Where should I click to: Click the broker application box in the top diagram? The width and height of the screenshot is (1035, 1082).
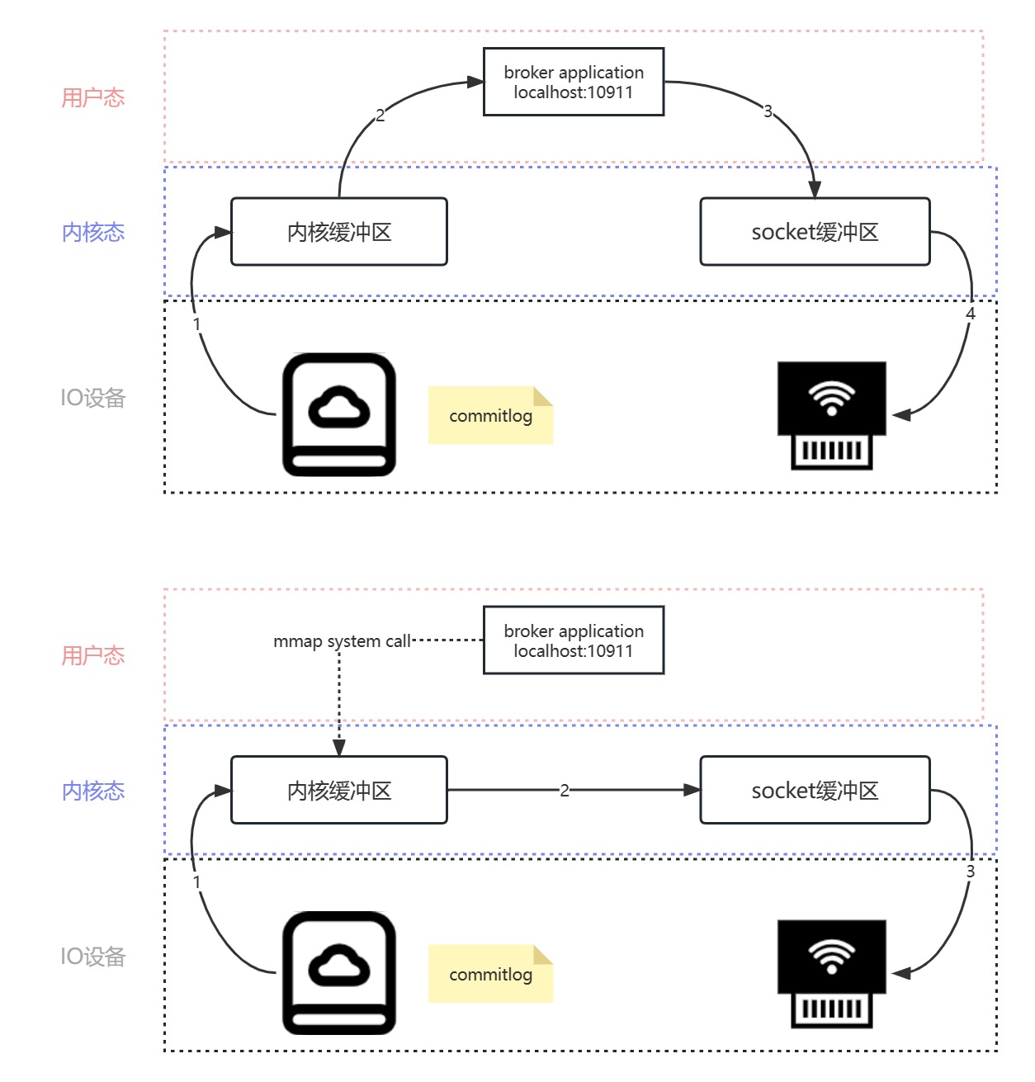pos(574,82)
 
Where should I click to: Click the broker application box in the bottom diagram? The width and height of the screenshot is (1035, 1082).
pos(574,640)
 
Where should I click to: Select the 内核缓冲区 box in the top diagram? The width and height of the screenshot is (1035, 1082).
pos(339,232)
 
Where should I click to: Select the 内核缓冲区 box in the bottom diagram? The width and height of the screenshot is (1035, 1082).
pos(339,791)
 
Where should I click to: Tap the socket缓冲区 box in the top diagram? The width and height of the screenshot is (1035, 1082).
pos(815,232)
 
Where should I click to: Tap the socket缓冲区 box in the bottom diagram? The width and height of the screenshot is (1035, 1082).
pos(815,791)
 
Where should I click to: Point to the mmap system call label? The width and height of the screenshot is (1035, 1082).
pos(342,641)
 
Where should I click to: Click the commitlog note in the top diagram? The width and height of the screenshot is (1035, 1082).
pos(490,415)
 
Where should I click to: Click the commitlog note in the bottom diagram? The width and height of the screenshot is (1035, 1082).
pos(490,974)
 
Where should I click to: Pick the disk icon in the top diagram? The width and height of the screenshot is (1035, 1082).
pos(338,415)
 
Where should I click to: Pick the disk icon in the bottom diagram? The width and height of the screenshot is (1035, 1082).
pos(338,973)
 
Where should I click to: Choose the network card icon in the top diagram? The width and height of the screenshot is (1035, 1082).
pos(831,415)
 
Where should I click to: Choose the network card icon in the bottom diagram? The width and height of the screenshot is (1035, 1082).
pos(831,973)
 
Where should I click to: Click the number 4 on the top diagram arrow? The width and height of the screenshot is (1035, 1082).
pos(971,314)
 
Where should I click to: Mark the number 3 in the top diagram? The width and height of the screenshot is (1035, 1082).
pos(768,111)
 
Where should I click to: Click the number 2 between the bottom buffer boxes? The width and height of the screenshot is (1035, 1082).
pos(565,791)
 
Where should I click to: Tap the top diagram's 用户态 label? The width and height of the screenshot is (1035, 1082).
pos(93,98)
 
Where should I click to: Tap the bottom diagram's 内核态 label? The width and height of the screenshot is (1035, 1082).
pos(93,791)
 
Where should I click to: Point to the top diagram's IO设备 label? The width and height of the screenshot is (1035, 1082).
pos(93,398)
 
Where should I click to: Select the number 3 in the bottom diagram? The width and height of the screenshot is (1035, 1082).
pos(971,872)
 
